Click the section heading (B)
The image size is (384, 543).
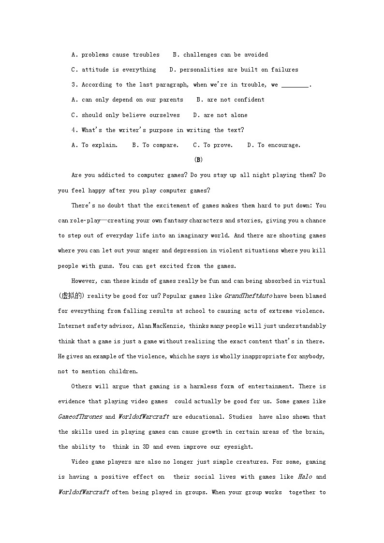click(x=198, y=160)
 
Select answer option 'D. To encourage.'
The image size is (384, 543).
click(x=274, y=145)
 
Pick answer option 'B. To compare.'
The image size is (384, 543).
click(x=155, y=145)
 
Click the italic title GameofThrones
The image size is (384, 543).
click(x=80, y=417)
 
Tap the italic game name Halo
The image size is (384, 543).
click(x=305, y=477)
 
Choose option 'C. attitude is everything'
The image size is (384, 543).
click(x=114, y=70)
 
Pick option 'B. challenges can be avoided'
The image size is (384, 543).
click(x=220, y=55)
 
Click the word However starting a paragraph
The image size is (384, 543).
click(x=85, y=281)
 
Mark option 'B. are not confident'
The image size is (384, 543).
click(x=230, y=100)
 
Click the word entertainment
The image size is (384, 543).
click(x=269, y=386)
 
